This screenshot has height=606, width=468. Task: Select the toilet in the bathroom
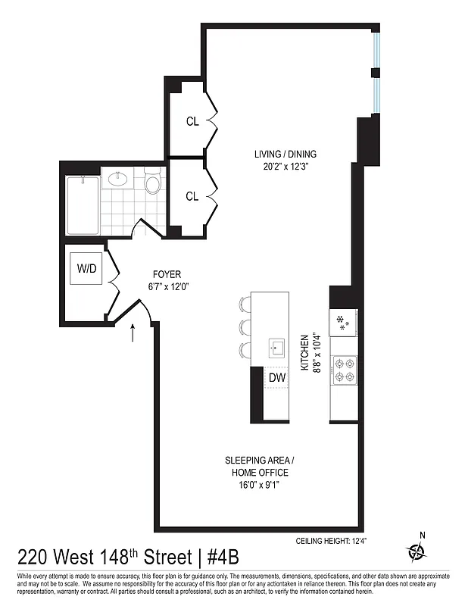coord(153,183)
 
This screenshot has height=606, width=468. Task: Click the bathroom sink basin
coord(117,180)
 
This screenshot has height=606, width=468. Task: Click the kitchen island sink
coord(276,348)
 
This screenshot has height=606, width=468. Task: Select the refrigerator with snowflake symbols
coord(344,321)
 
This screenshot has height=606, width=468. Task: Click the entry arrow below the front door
coord(135,331)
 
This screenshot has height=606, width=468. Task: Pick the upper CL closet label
coord(192,121)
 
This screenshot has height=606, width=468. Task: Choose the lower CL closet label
coord(192,196)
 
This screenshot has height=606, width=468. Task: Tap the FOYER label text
coord(167,274)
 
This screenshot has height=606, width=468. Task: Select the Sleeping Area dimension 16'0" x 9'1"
coord(256,485)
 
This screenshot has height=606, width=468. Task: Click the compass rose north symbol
coord(416,551)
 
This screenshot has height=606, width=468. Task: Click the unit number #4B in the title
coord(220,558)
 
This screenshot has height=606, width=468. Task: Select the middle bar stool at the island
coord(245,327)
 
